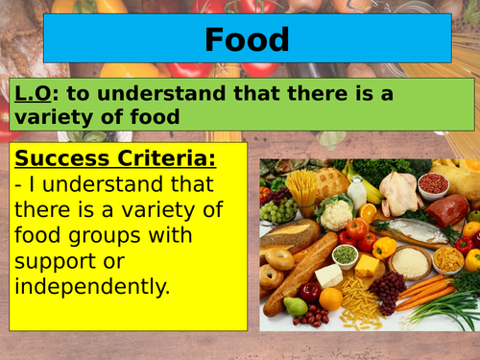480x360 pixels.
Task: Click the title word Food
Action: [247, 39]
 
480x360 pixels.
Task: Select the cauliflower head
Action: [336, 213]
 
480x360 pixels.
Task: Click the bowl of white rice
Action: [412, 261]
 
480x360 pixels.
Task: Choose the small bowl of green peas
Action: [345, 254]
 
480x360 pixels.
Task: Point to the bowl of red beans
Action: [434, 182]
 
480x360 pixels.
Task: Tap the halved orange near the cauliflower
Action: [367, 212]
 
